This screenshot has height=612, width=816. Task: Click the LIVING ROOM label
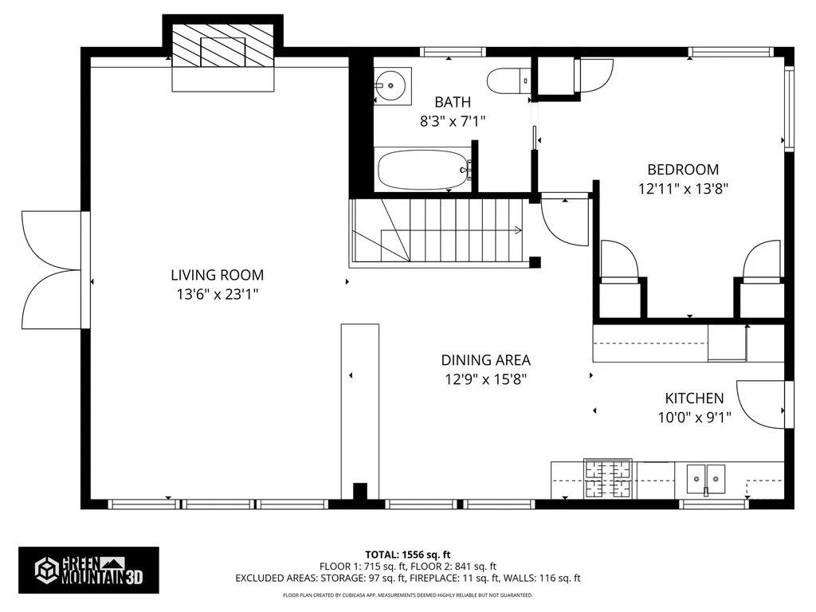[217, 275]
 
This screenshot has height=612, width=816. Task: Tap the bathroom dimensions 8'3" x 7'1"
[453, 121]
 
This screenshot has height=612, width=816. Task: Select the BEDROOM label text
[683, 169]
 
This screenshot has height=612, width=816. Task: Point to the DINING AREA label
[485, 360]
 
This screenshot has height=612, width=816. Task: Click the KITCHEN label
[694, 398]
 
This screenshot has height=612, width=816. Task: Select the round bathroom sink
[391, 84]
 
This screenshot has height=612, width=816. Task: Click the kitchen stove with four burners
[608, 479]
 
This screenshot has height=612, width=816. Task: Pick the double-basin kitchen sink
[705, 479]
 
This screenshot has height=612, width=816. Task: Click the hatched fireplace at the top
[223, 49]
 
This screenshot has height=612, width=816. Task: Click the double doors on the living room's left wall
[52, 269]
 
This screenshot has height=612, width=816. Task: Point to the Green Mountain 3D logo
[88, 570]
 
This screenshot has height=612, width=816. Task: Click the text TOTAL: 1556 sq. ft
[408, 554]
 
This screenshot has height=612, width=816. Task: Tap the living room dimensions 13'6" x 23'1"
[217, 294]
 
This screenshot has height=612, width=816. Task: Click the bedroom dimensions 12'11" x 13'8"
[683, 189]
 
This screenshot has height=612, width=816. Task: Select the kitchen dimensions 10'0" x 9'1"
[694, 417]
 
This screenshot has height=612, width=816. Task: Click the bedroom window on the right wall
[789, 109]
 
